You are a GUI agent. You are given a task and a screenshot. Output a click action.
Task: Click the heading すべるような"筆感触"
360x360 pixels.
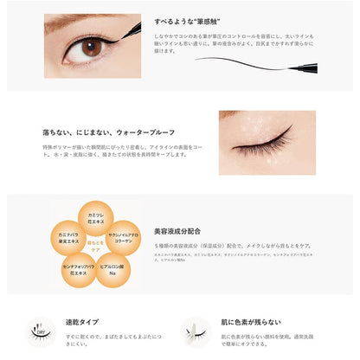tap(226, 17)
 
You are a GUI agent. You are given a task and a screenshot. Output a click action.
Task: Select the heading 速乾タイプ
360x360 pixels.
tap(80, 322)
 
